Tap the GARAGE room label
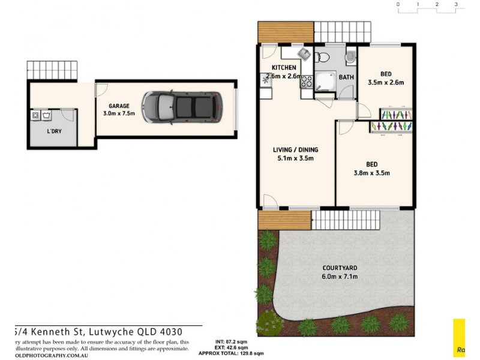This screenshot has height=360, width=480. click(119, 106)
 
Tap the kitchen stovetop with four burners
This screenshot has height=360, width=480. click(306, 83)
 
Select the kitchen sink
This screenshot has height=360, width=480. click(265, 80)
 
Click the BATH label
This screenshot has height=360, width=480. click(346, 77)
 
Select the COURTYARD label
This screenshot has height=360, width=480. click(340, 268)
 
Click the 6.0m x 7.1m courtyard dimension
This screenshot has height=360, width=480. click(340, 277)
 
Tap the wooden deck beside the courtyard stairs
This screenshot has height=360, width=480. click(284, 220)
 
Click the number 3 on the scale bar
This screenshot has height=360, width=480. click(456, 4)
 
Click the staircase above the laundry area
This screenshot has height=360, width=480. click(52, 71)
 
